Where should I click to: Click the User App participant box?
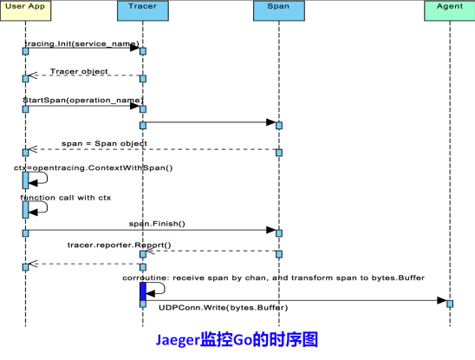pyautogui.click(x=25, y=10)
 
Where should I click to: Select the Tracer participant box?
pyautogui.click(x=143, y=10)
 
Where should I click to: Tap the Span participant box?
pyautogui.click(x=279, y=10)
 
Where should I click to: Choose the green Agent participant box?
pyautogui.click(x=450, y=10)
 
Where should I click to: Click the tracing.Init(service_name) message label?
pyautogui.click(x=81, y=44)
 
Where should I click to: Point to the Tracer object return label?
pyautogui.click(x=79, y=71)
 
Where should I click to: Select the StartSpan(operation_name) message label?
pyautogui.click(x=83, y=100)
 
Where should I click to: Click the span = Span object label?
pyautogui.click(x=104, y=143)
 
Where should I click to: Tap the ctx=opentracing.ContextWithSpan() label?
pyautogui.click(x=94, y=167)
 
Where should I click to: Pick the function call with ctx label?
pyautogui.click(x=66, y=198)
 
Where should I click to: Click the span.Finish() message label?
pyautogui.click(x=157, y=224)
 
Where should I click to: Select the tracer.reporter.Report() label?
pyautogui.click(x=119, y=245)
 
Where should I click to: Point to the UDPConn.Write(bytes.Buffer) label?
pyautogui.click(x=224, y=308)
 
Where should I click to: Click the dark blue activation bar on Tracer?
pyautogui.click(x=143, y=291)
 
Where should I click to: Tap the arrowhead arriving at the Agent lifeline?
pyautogui.click(x=442, y=300)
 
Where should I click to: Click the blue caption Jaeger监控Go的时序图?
pyautogui.click(x=237, y=339)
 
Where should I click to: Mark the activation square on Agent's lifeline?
pyautogui.click(x=450, y=304)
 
